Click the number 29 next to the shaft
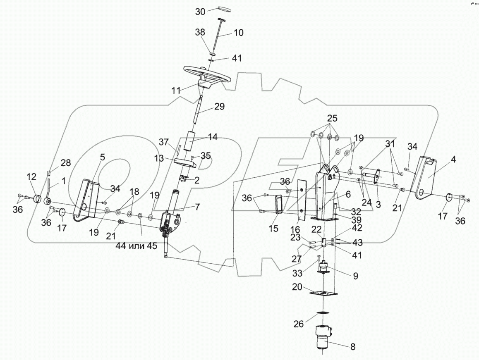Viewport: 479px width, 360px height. (219, 107)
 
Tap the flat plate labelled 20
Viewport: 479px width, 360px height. (324, 293)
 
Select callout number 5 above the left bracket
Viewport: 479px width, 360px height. (103, 157)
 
